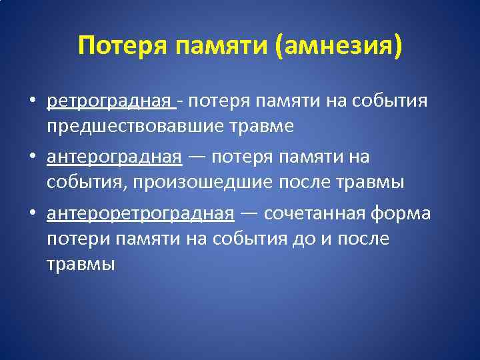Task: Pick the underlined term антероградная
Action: [114, 157]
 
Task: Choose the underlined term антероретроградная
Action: [140, 214]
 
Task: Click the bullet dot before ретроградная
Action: [32, 101]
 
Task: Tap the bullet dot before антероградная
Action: [32, 158]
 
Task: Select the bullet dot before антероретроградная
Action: [32, 215]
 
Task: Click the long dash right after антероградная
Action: [197, 158]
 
